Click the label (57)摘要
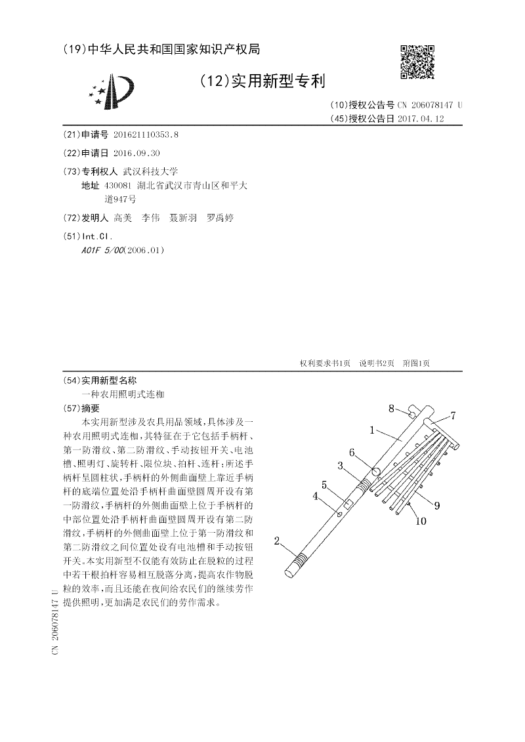tap(87, 407)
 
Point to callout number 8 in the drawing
tap(391, 409)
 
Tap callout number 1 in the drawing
tap(371, 430)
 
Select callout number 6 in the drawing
tap(352, 452)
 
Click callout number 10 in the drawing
tap(420, 522)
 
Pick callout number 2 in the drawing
tap(278, 541)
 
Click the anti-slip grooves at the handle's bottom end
tap(299, 562)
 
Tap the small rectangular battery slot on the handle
tap(349, 505)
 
